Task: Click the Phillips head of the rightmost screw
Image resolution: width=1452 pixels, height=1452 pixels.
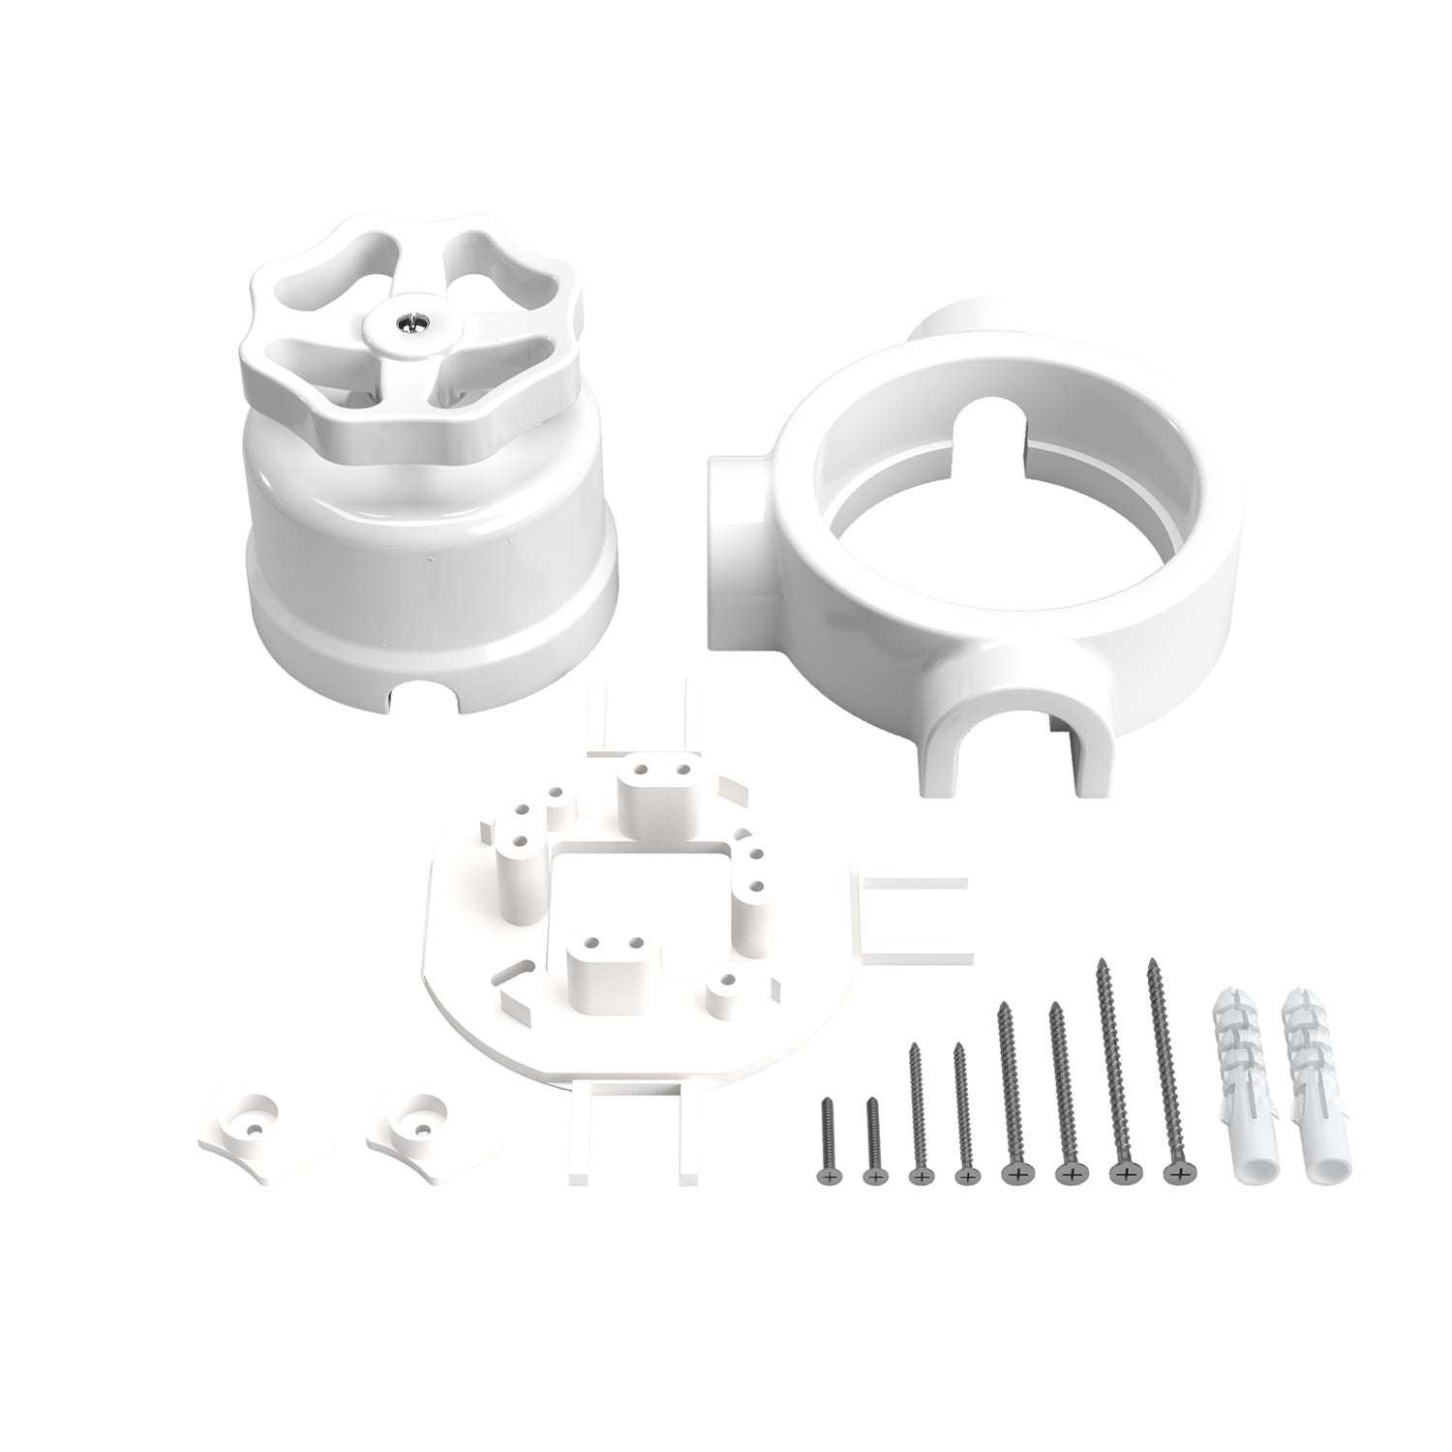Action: click(x=1174, y=1174)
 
